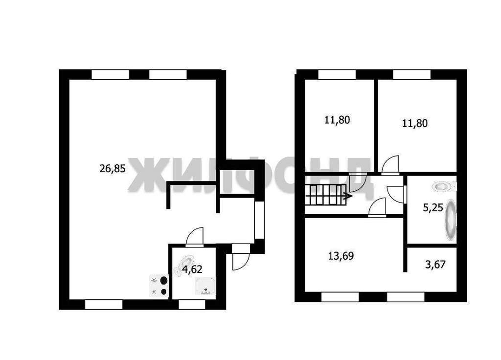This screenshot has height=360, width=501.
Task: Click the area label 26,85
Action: click(x=113, y=168)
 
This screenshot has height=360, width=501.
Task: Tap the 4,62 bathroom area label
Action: click(x=192, y=270)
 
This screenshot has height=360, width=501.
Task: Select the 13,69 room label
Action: click(x=341, y=256)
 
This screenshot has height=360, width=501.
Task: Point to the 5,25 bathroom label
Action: click(x=433, y=208)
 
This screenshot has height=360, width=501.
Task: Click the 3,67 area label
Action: click(x=435, y=265)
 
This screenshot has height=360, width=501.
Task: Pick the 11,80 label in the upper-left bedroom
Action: click(x=337, y=120)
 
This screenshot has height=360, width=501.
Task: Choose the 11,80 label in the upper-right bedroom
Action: click(x=415, y=123)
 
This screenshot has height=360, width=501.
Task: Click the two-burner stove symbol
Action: click(x=159, y=286)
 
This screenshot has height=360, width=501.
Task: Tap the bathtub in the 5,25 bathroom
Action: click(x=451, y=220)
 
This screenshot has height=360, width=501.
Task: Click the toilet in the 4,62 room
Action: click(x=184, y=265)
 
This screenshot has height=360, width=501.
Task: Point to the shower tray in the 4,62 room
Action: click(x=205, y=286)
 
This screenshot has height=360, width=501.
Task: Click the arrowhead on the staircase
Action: click(x=348, y=195)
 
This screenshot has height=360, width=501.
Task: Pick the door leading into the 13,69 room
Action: click(x=377, y=207)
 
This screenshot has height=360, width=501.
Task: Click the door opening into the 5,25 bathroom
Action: click(x=396, y=194)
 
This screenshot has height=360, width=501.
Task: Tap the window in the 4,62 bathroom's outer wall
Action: click(x=192, y=305)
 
